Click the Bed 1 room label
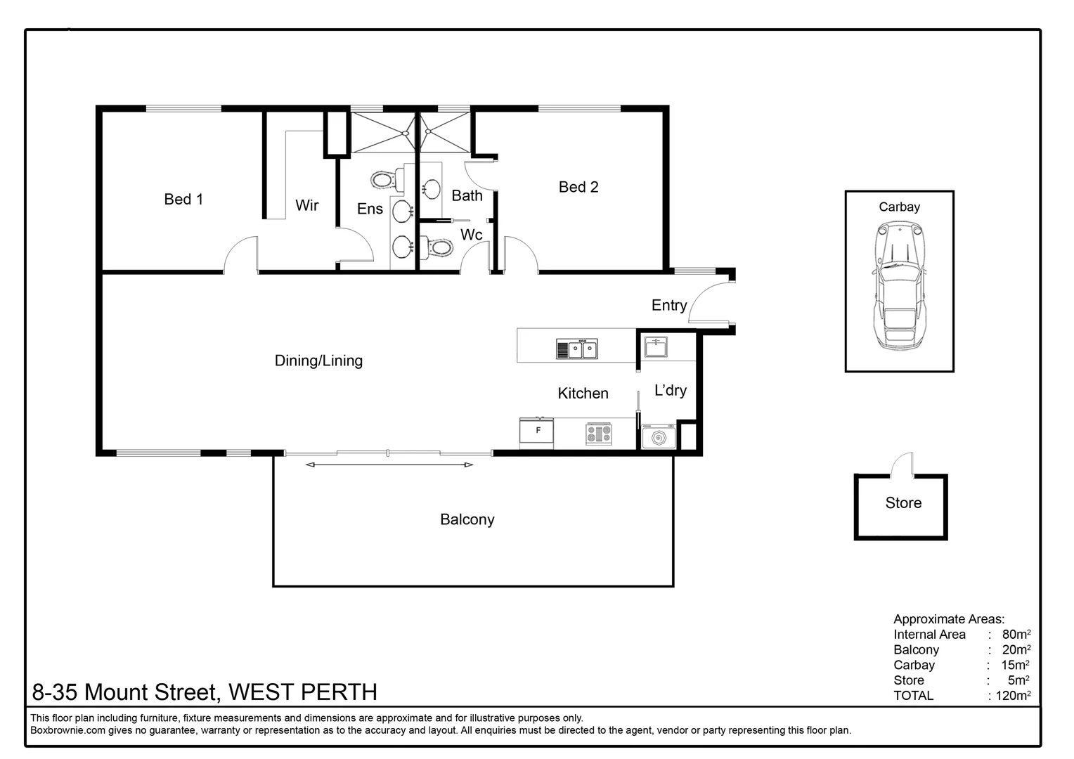[183, 200]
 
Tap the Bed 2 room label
[578, 187]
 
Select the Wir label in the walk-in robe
[306, 205]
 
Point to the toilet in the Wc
[439, 248]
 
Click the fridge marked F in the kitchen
[537, 432]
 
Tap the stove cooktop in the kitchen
[599, 433]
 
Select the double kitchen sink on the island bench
[577, 349]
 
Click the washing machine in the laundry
[659, 436]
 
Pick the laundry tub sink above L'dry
[656, 346]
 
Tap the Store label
[903, 503]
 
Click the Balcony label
[467, 520]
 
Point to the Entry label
[668, 306]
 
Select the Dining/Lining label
[318, 361]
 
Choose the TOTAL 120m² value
[1013, 696]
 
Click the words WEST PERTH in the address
[303, 692]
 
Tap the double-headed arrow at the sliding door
[389, 465]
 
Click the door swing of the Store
[903, 465]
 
